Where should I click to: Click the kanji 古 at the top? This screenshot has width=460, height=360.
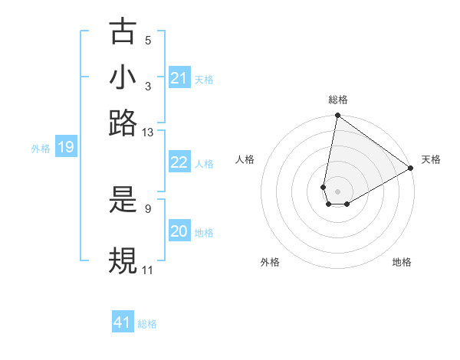(x=123, y=33)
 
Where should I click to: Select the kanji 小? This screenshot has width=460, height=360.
(x=123, y=78)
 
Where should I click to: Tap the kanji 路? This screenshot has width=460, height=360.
(x=123, y=123)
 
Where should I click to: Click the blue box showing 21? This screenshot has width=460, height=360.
(x=179, y=79)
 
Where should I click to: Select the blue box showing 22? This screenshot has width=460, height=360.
(x=179, y=162)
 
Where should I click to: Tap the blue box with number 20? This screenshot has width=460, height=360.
(x=179, y=232)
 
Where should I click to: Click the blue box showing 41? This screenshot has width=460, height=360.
(x=123, y=322)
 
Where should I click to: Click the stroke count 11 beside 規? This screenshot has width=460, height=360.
(x=147, y=270)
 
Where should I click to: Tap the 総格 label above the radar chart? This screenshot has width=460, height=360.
(x=338, y=100)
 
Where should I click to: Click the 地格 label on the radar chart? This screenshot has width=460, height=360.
(x=402, y=262)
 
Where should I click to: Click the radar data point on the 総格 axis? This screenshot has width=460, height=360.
(x=337, y=116)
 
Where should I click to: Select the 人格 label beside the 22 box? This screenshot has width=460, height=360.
(x=204, y=163)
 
